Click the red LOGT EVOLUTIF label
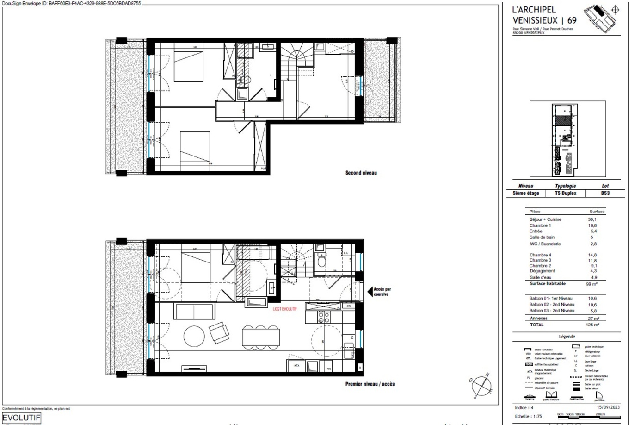(284, 309)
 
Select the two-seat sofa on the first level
(194, 312)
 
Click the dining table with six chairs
(261, 337)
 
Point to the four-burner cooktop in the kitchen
(323, 318)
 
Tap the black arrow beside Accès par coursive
(370, 292)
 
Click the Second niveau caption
(361, 173)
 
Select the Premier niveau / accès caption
(370, 384)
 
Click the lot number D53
(604, 193)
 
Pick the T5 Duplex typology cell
(565, 193)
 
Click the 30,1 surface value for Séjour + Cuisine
(592, 219)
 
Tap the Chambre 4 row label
(540, 255)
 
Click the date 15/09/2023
(608, 407)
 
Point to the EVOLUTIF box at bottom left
(21, 418)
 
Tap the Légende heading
(567, 337)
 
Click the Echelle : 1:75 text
(528, 416)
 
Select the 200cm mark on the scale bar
(600, 414)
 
